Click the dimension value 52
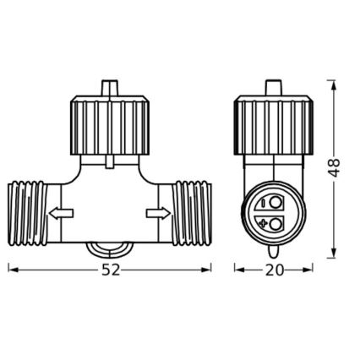(x=109, y=270)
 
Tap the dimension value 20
(x=273, y=270)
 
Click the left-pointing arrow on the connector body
(x=59, y=214)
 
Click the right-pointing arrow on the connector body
(x=157, y=214)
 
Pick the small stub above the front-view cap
(x=108, y=88)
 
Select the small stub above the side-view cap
(x=273, y=88)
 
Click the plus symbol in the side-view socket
(x=265, y=223)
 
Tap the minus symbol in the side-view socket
(x=265, y=204)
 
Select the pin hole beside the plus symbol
(x=278, y=223)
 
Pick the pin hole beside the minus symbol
(x=278, y=204)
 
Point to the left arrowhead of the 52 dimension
(x=11, y=270)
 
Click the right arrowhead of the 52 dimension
(x=207, y=270)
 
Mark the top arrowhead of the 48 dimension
(x=335, y=83)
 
